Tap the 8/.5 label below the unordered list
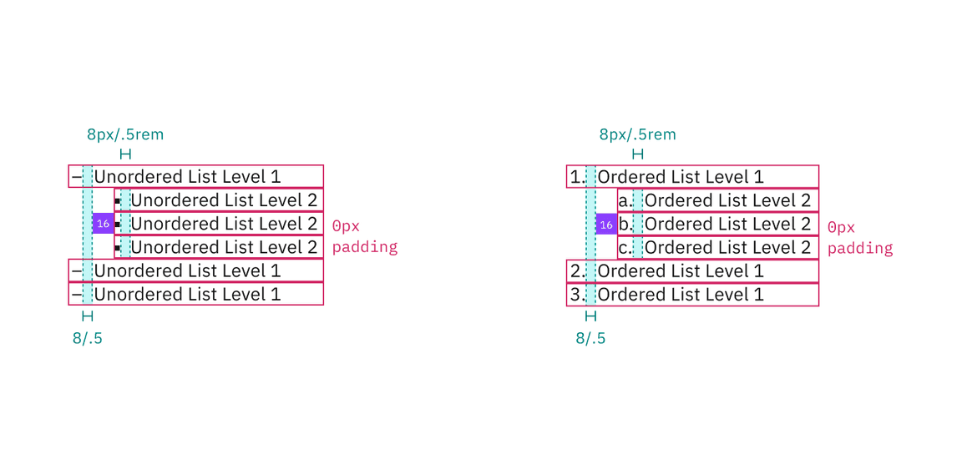[88, 338]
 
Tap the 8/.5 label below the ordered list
[590, 338]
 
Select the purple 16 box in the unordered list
[103, 224]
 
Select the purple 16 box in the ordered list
[606, 224]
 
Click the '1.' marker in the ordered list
[577, 177]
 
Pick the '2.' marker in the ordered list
[577, 271]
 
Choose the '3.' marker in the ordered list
[577, 295]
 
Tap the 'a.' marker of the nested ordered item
[625, 200]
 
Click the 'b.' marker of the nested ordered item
[625, 224]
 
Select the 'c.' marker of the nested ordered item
[625, 248]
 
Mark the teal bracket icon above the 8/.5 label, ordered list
[590, 316]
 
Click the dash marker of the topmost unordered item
[76, 177]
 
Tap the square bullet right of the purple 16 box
[118, 225]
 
